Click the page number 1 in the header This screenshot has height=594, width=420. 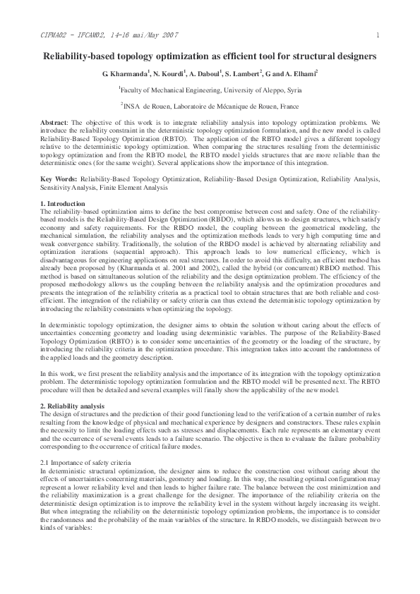(x=378, y=35)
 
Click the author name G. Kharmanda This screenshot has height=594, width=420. (x=124, y=73)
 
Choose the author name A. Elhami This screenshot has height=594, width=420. (x=302, y=73)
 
